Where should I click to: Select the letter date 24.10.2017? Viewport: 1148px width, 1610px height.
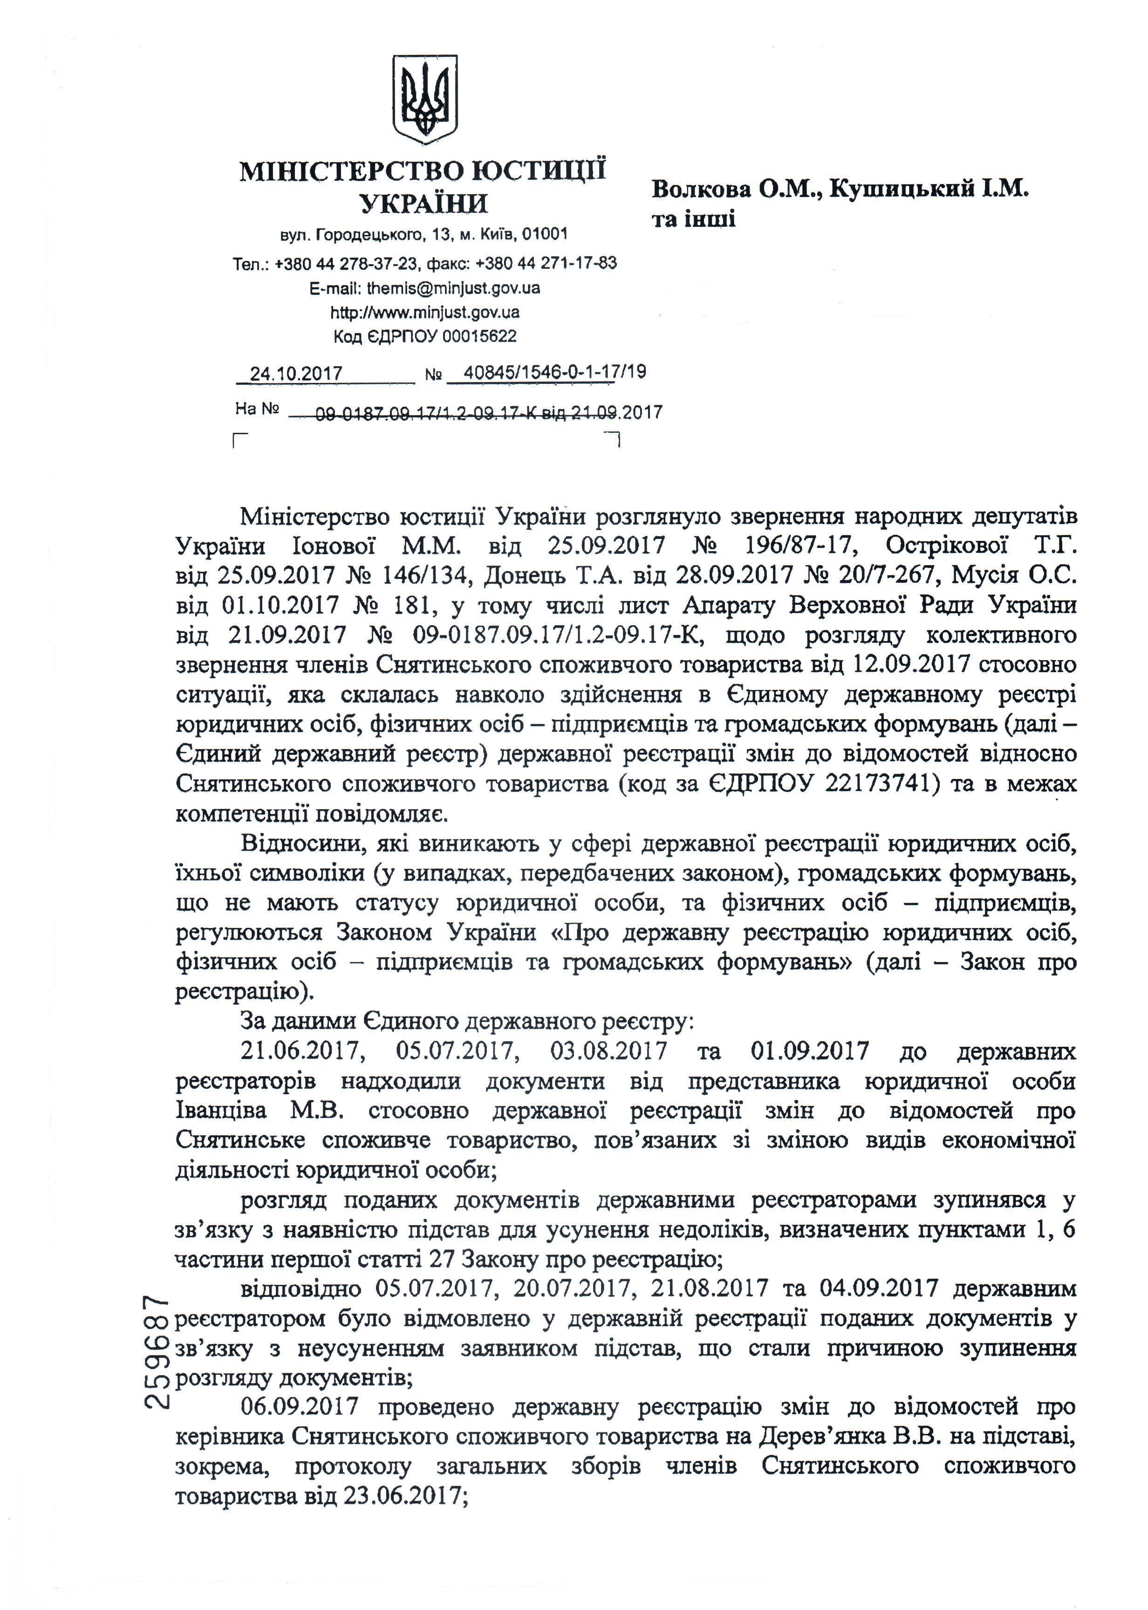(296, 373)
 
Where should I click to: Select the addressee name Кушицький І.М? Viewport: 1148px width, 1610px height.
(929, 190)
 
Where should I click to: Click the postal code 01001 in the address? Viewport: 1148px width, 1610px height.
(544, 234)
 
